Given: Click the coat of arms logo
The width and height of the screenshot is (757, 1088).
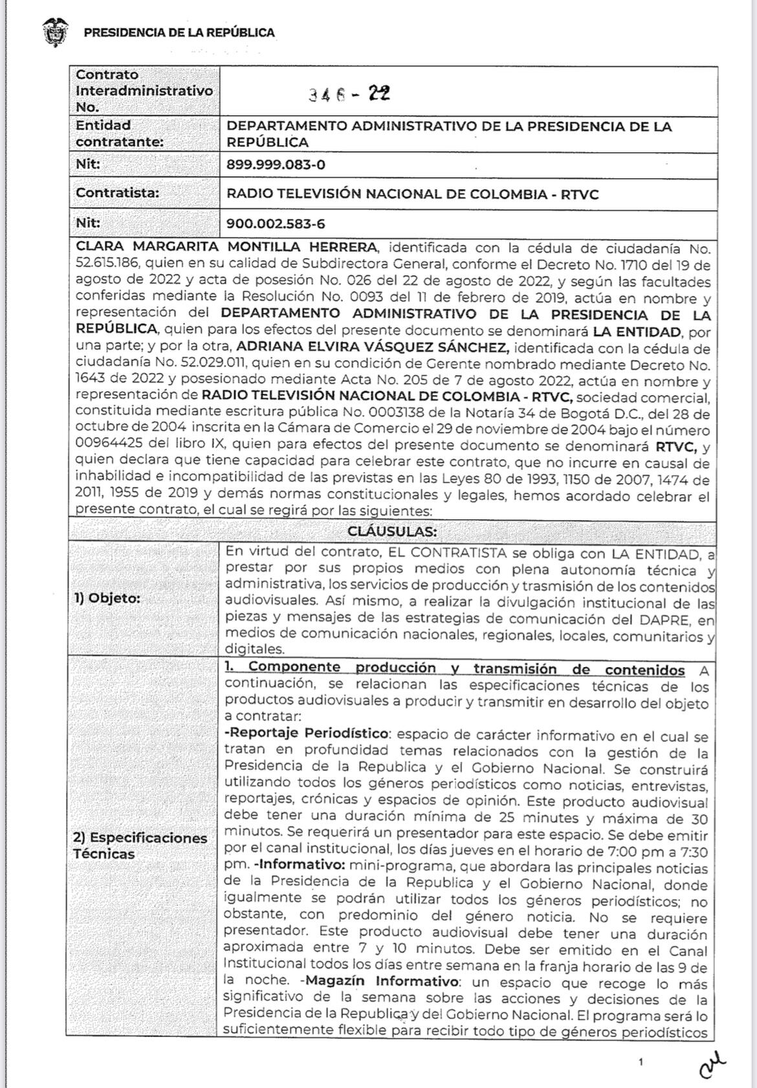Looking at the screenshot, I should tap(55, 32).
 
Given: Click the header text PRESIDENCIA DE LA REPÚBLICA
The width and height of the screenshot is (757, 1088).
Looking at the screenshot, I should tap(179, 32).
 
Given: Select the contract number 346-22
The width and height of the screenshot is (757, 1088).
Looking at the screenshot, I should tap(349, 95).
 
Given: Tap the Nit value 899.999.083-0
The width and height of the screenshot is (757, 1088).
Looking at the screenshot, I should tap(276, 164).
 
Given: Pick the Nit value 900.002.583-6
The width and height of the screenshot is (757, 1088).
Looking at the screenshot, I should tap(276, 224).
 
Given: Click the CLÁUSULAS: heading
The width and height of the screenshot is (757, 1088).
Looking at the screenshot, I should tap(392, 531).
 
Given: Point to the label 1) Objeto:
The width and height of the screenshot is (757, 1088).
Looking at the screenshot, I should tap(107, 598).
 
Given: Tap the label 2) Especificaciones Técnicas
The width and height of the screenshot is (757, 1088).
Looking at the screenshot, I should tap(140, 845).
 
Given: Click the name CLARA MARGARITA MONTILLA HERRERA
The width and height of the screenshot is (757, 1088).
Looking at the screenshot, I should tap(226, 247).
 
